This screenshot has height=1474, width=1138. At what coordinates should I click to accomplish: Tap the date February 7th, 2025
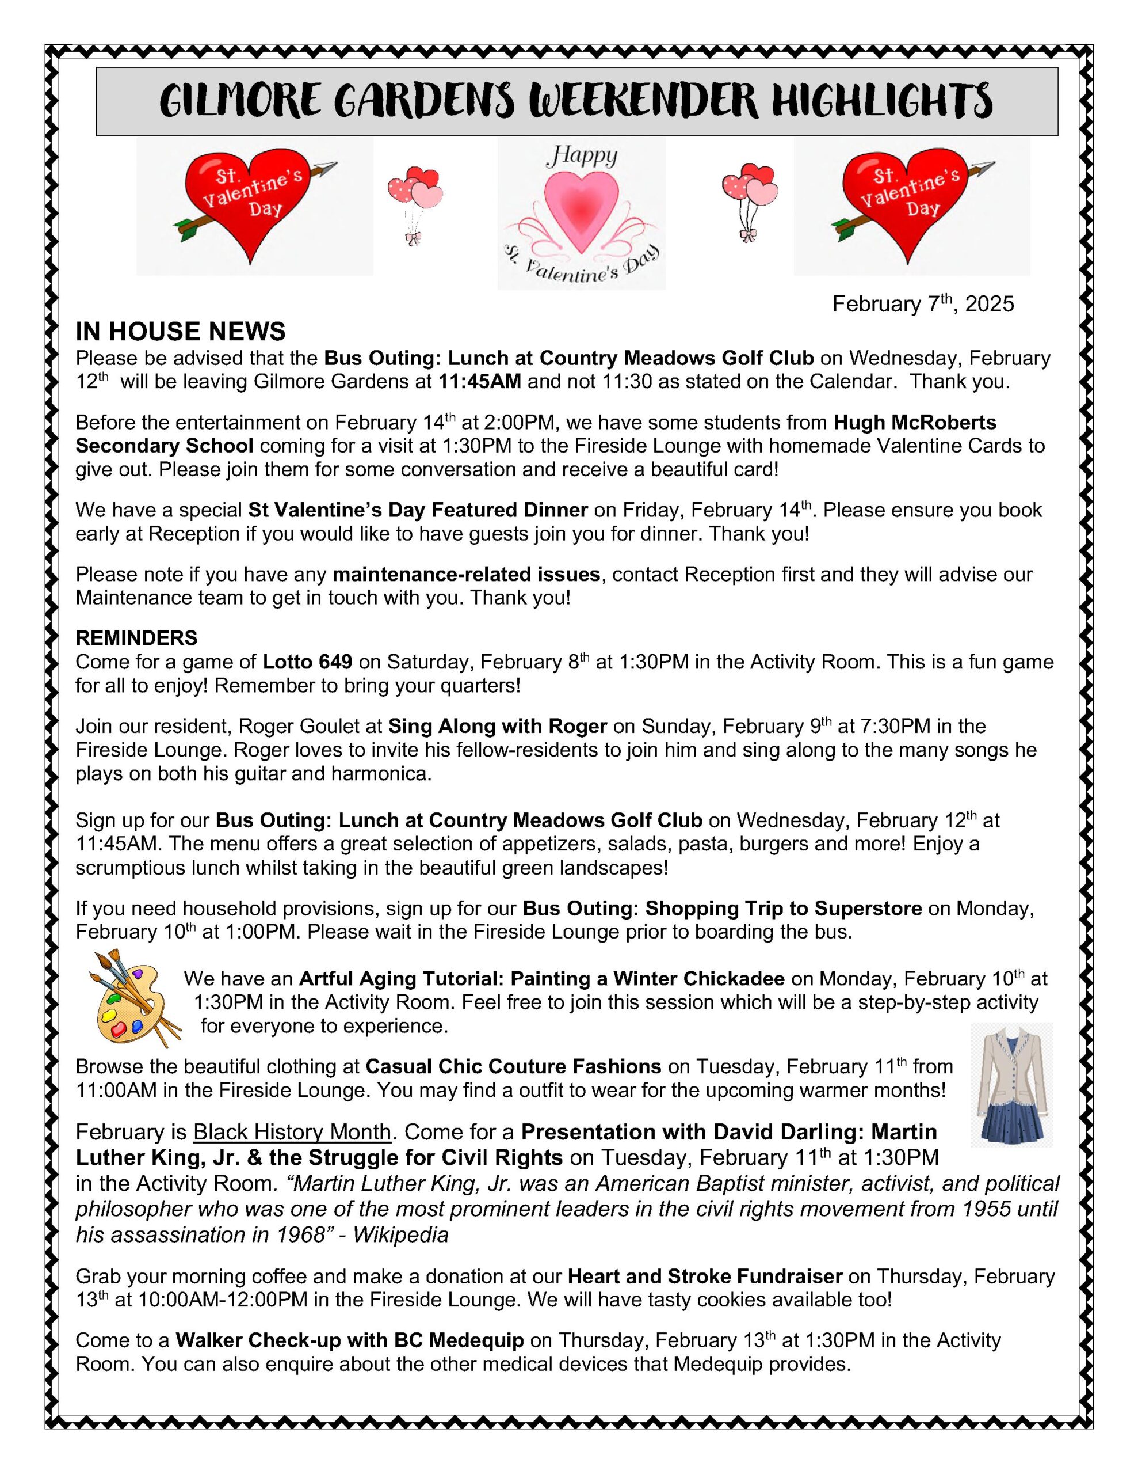(922, 305)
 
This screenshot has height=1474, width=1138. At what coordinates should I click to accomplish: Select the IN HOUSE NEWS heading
(180, 332)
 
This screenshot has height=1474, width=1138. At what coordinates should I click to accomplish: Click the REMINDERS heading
(136, 638)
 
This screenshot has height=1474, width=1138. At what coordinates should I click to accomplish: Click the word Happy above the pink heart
(581, 157)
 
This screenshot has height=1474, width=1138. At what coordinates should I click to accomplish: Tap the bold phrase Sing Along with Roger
(497, 726)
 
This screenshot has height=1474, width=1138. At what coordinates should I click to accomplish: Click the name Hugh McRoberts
(915, 423)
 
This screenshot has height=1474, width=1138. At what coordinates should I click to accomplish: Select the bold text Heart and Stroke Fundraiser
(704, 1277)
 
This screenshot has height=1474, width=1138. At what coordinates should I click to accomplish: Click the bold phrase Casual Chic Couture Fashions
(513, 1067)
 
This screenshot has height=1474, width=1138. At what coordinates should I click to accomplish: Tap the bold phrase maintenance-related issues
(466, 575)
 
